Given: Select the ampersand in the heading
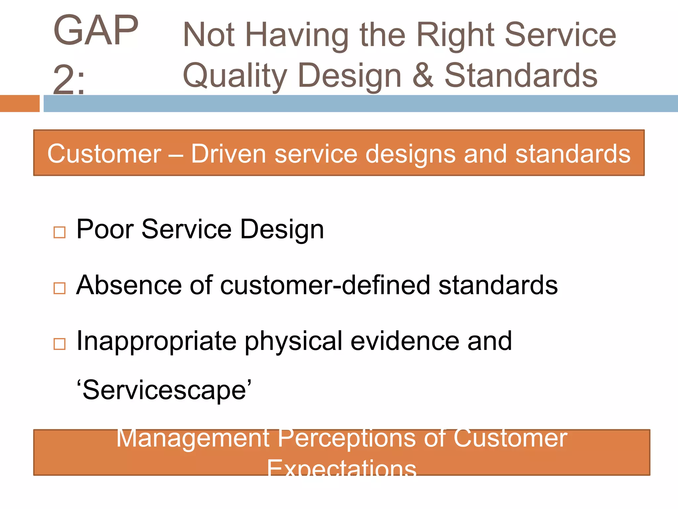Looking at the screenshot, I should [x=423, y=76].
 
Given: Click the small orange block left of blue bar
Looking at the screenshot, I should [x=20, y=103].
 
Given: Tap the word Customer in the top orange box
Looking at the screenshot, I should [x=104, y=154].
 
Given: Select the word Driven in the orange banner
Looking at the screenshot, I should [x=228, y=154].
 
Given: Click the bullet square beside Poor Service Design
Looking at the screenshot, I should [x=60, y=232].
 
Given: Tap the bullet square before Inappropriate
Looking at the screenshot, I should [x=60, y=344].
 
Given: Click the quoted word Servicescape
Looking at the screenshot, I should [x=164, y=390].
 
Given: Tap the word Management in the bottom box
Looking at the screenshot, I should [x=193, y=438].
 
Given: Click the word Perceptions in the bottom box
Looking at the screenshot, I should [x=347, y=438].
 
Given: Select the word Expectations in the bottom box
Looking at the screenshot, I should [x=342, y=468].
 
